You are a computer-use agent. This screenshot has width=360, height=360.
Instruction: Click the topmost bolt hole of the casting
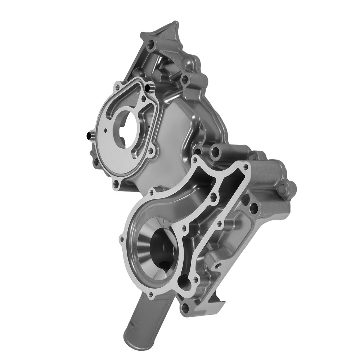pyautogui.click(x=150, y=45)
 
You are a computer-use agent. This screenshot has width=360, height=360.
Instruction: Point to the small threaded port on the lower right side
pyautogui.click(x=219, y=266)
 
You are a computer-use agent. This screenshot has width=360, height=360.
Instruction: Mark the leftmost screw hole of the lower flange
pyautogui.click(x=121, y=239)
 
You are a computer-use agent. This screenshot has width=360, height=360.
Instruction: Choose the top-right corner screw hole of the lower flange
pyautogui.click(x=246, y=166)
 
